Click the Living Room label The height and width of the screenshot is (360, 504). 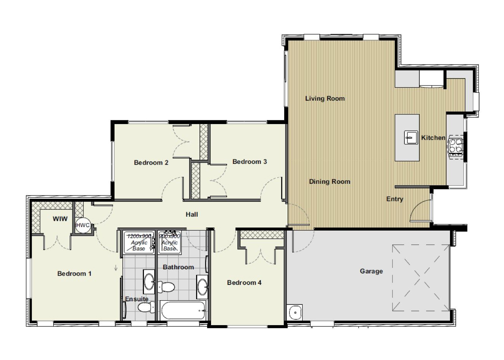[325, 98]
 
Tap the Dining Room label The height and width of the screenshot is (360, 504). [330, 182]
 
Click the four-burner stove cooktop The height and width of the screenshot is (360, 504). [455, 146]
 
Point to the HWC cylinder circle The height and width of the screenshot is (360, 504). [83, 225]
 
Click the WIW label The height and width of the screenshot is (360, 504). [60, 219]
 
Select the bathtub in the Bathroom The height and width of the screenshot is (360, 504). [183, 311]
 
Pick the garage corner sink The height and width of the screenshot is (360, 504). [295, 312]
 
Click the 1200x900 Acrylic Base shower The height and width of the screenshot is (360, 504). [139, 242]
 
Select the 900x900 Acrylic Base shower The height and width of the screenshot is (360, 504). [170, 242]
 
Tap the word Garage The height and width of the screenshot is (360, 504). [371, 271]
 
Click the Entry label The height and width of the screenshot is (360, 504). [394, 199]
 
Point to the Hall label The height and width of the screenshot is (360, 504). [192, 214]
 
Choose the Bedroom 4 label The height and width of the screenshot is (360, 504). [244, 283]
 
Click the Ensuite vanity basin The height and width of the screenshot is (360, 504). [149, 282]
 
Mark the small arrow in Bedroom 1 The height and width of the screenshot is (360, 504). [116, 268]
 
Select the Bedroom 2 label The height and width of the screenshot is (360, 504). [151, 162]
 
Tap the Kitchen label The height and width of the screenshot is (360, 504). [433, 138]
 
